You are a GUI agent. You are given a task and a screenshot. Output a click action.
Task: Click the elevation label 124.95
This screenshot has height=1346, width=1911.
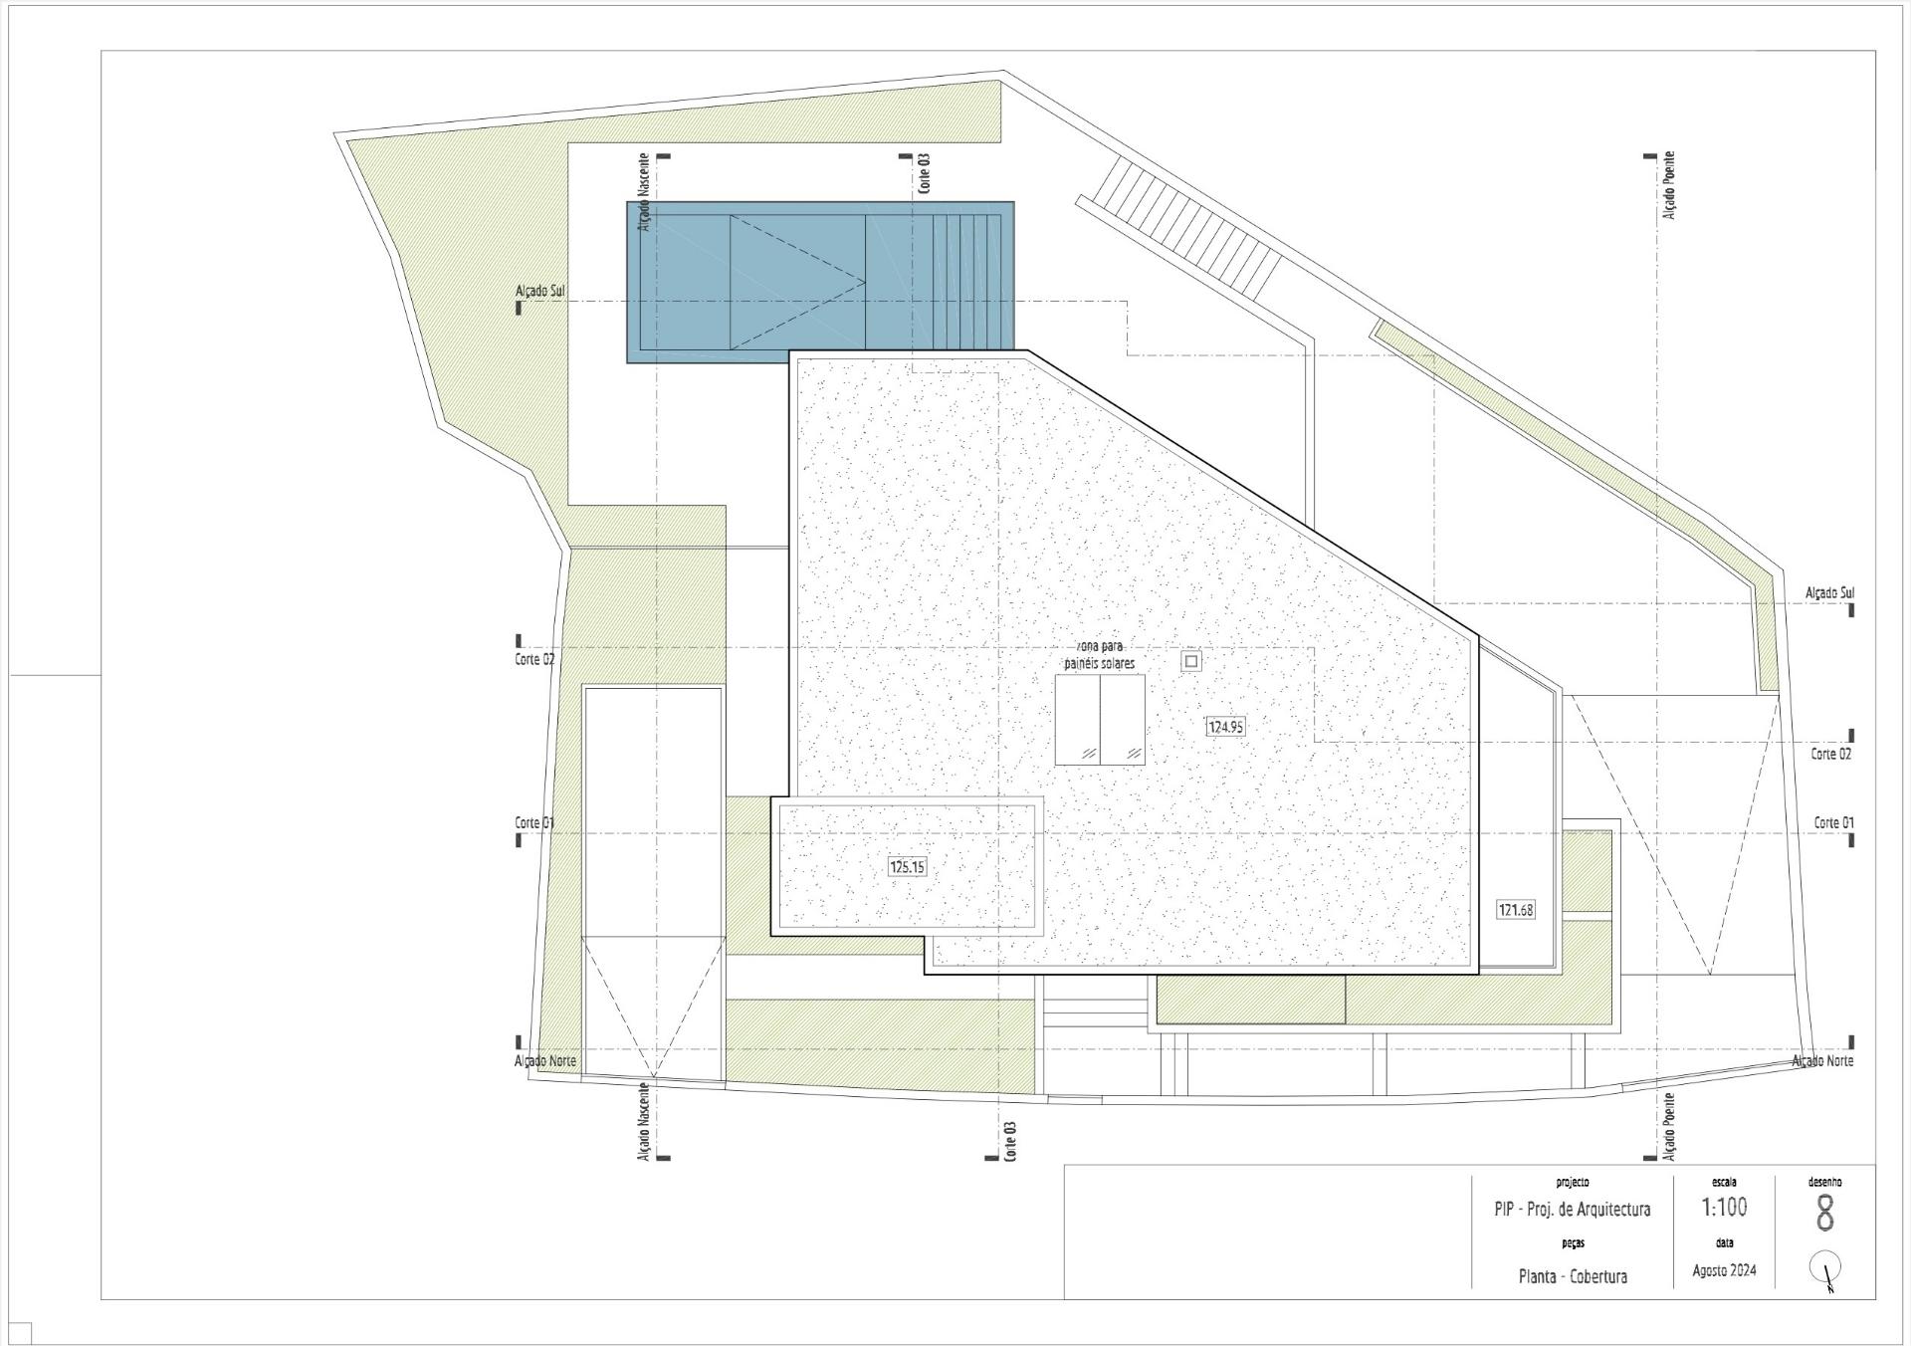(1225, 727)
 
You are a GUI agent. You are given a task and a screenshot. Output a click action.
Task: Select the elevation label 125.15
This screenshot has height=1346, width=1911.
(907, 867)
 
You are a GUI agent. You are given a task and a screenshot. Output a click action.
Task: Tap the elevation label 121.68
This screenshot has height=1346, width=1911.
(1516, 909)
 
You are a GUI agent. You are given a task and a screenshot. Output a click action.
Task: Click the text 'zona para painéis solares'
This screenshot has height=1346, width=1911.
(1098, 654)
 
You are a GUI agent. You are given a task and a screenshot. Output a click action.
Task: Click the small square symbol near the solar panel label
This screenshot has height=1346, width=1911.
(1190, 660)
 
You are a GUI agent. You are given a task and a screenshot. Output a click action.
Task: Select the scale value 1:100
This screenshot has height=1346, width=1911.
(1724, 1208)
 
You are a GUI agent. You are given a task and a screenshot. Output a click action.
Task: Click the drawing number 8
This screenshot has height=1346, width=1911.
(1824, 1214)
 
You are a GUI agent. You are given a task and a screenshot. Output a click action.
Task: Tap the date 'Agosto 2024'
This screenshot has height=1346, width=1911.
(1724, 1270)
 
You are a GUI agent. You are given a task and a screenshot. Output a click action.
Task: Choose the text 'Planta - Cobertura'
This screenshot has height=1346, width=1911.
(1573, 1276)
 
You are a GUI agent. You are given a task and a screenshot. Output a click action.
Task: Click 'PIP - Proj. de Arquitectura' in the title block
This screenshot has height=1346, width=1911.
(1572, 1210)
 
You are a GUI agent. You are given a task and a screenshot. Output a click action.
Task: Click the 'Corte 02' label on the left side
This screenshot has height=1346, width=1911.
(534, 659)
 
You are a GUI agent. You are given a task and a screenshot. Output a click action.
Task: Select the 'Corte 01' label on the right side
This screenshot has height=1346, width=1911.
(1833, 822)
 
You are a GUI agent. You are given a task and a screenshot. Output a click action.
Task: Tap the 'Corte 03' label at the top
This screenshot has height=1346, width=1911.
(925, 172)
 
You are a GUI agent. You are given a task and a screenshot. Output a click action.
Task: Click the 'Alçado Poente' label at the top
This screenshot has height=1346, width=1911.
(1668, 185)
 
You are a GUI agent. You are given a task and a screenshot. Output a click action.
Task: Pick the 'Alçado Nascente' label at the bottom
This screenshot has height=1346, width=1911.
(644, 1121)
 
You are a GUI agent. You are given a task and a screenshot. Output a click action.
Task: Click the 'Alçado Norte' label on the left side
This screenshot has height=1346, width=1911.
(545, 1061)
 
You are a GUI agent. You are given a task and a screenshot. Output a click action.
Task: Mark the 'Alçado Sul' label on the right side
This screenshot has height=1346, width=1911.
(1830, 593)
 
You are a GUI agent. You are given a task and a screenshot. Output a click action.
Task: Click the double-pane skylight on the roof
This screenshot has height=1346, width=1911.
(1100, 720)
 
